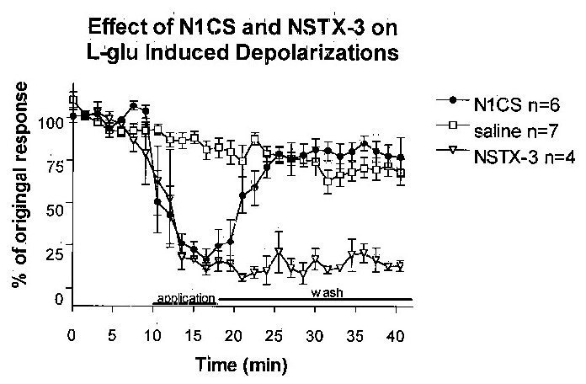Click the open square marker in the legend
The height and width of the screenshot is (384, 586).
tap(455, 129)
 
